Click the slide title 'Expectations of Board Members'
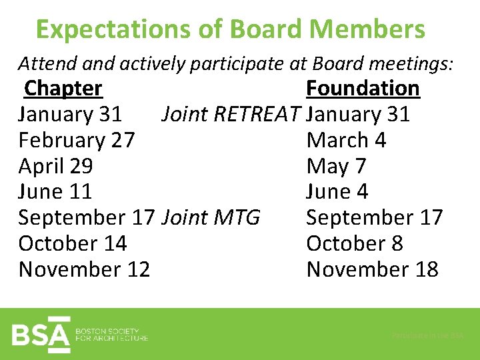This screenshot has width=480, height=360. [x=230, y=30]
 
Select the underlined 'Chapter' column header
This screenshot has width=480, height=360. [x=63, y=89]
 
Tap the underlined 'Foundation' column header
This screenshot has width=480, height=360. [x=363, y=89]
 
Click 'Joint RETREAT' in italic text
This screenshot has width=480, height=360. [x=232, y=115]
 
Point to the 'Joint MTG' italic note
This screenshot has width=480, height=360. [x=211, y=218]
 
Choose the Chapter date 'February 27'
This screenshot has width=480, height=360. [x=77, y=141]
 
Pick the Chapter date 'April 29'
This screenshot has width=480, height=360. [x=55, y=166]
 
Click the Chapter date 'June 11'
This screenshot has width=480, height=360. [x=55, y=192]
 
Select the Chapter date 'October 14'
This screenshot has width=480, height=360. [x=73, y=244]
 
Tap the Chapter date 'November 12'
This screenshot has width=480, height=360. [x=84, y=270]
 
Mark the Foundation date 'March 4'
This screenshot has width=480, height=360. [x=346, y=141]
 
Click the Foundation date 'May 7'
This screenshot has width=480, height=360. [x=336, y=166]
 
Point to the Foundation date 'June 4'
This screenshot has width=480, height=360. [x=337, y=192]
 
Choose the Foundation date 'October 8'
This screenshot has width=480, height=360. [x=355, y=244]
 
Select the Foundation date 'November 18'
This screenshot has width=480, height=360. [x=372, y=270]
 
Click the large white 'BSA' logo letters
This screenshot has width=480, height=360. [x=41, y=334]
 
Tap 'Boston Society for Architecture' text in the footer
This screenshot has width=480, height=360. [x=111, y=335]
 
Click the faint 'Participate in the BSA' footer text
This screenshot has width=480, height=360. [x=427, y=336]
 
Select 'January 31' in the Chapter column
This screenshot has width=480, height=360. [x=70, y=115]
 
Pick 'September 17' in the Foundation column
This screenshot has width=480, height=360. [x=374, y=218]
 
